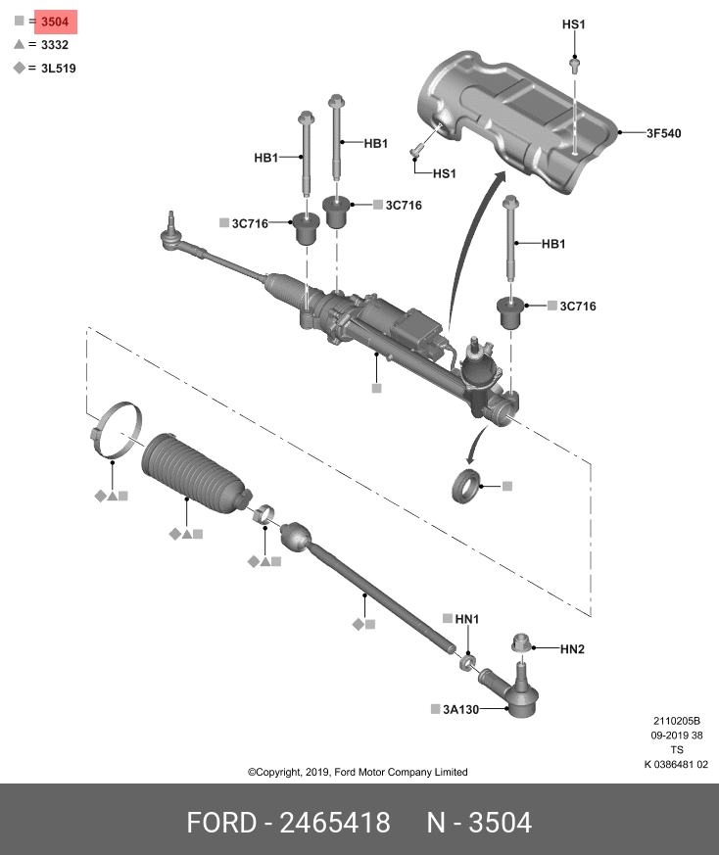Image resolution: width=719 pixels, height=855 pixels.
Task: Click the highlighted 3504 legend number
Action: (55, 22)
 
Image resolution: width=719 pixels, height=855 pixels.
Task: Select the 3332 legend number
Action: (55, 45)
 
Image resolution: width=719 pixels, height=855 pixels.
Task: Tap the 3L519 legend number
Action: (59, 69)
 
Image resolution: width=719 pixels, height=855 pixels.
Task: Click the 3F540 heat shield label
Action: (664, 133)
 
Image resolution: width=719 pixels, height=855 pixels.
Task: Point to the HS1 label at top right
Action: (573, 24)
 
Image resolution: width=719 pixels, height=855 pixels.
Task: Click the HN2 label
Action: (572, 649)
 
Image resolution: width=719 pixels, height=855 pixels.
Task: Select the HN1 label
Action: (467, 619)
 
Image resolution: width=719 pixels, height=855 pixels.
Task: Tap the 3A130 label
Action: (460, 709)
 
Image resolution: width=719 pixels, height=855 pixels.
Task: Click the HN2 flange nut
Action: (521, 642)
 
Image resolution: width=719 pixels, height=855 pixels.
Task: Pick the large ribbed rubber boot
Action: (195, 473)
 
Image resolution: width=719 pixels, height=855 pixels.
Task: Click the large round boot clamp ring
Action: (117, 431)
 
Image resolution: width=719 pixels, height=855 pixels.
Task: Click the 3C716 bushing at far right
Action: (510, 312)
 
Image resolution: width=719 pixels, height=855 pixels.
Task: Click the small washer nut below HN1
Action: (467, 662)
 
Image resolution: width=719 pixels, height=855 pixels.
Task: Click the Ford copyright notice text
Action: (358, 772)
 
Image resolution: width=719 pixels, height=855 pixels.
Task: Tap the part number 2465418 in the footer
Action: (335, 823)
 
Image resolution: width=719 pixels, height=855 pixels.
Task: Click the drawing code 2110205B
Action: (677, 721)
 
